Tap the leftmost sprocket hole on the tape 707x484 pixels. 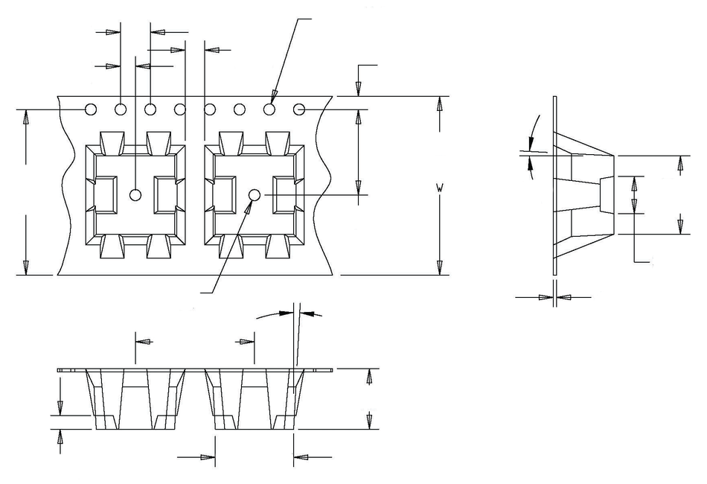tap(91, 109)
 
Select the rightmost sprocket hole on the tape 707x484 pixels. tap(299, 109)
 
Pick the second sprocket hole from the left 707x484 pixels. tap(121, 109)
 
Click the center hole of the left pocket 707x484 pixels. tap(135, 195)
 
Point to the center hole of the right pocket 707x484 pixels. tap(255, 195)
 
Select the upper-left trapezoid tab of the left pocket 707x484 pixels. tap(112, 143)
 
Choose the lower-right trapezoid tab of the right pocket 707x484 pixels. tap(278, 246)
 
